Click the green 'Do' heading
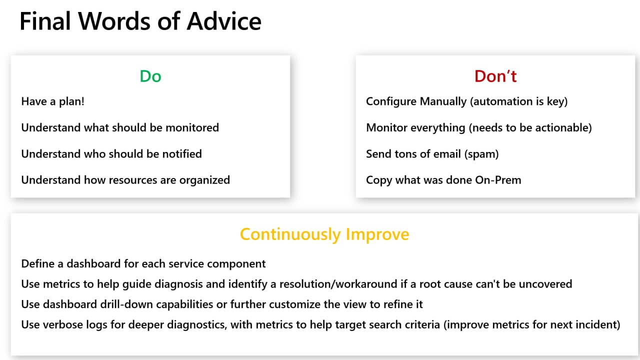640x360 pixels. [150, 76]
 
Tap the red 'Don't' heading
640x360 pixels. [495, 76]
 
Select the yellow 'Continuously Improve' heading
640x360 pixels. [324, 234]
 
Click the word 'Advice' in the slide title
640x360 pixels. [224, 21]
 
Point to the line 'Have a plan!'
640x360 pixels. [53, 101]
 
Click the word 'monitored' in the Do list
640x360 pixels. [192, 127]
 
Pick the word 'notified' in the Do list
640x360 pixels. [182, 154]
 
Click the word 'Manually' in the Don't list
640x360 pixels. [443, 101]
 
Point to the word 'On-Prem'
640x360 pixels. [498, 180]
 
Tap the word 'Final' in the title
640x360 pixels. [45, 21]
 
